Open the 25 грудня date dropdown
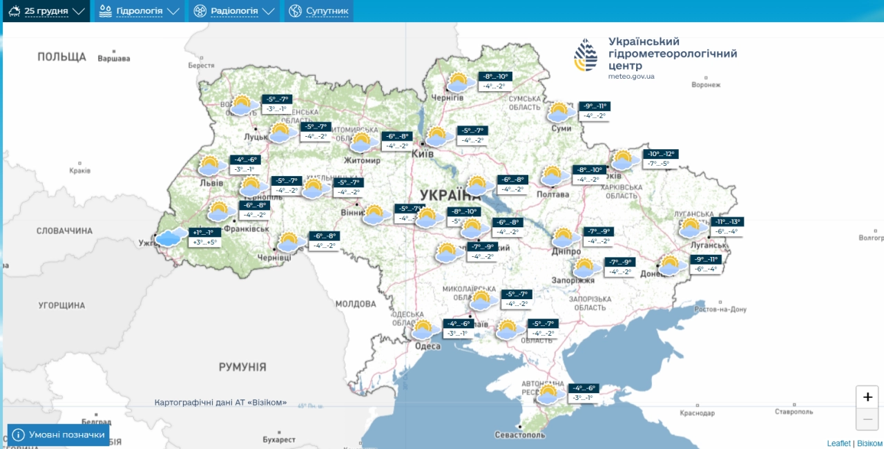(46, 11)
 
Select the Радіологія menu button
(234, 11)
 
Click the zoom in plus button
(867, 397)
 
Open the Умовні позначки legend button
(59, 434)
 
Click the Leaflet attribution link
(838, 443)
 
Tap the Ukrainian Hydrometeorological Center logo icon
(586, 55)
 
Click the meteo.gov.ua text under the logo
(631, 76)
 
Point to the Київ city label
(422, 153)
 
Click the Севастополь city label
(520, 435)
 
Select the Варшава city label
(114, 59)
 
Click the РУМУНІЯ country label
(242, 367)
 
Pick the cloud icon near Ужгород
(171, 237)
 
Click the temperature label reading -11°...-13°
(728, 222)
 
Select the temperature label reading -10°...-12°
(661, 154)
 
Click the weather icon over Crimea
(548, 394)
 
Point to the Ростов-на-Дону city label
(720, 309)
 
